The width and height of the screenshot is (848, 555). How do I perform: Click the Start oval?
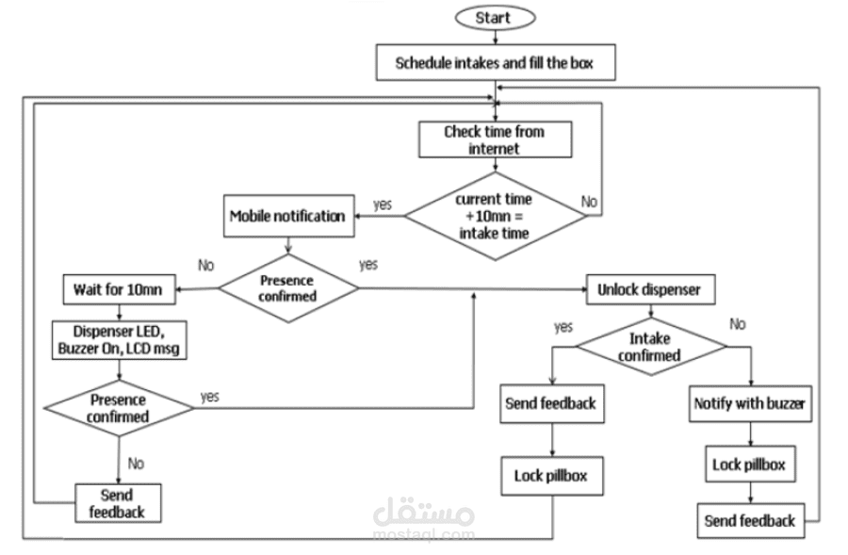tap(495, 18)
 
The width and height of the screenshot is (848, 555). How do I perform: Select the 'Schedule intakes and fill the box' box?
tap(494, 65)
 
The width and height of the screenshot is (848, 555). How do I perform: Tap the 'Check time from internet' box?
tap(495, 140)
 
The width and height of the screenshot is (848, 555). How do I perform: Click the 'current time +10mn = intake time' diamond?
tap(494, 215)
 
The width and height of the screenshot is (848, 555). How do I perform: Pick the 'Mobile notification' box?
tap(287, 216)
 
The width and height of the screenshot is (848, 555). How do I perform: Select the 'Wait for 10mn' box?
tap(118, 289)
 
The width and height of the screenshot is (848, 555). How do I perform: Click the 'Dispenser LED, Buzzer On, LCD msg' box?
tap(118, 339)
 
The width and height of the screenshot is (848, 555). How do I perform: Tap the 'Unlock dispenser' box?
tap(649, 289)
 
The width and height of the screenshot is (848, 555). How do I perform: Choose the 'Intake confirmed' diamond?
tap(650, 348)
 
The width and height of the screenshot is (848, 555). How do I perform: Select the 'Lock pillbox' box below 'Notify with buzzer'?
tap(748, 464)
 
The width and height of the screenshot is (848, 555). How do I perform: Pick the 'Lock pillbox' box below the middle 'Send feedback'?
tap(550, 476)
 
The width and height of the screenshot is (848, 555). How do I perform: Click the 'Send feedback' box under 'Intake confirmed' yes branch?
tap(550, 403)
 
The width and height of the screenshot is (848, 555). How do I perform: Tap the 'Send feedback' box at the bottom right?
tap(750, 520)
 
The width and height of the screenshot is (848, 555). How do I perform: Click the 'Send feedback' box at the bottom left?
tap(117, 503)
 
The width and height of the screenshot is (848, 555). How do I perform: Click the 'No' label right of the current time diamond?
tap(589, 202)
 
